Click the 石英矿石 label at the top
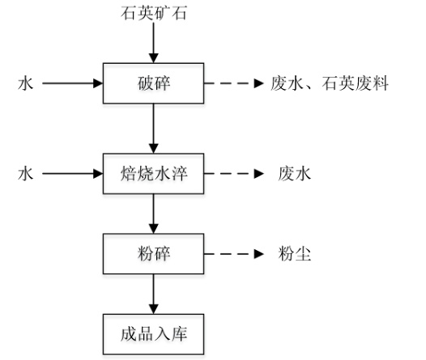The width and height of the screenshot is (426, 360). pyautogui.click(x=154, y=13)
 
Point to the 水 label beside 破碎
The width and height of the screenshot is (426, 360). pyautogui.click(x=26, y=83)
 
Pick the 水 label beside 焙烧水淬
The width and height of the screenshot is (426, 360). pyautogui.click(x=26, y=174)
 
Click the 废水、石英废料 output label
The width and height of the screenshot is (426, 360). pyautogui.click(x=330, y=83)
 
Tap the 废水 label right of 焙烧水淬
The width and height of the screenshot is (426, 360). pyautogui.click(x=294, y=174)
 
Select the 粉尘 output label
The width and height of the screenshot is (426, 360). pyautogui.click(x=294, y=254)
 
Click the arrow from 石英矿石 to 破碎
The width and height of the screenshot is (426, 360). pyautogui.click(x=154, y=43)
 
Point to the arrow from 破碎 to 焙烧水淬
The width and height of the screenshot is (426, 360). pyautogui.click(x=154, y=129)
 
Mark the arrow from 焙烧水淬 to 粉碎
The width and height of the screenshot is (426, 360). pyautogui.click(x=154, y=214)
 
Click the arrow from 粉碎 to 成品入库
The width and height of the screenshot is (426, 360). pyautogui.click(x=154, y=294)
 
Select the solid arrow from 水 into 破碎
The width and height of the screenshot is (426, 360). pyautogui.click(x=73, y=83)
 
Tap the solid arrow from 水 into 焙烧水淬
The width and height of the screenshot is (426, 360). pyautogui.click(x=73, y=174)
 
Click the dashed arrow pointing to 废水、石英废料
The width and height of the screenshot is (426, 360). pyautogui.click(x=234, y=83)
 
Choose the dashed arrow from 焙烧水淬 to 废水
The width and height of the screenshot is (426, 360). pyautogui.click(x=234, y=174)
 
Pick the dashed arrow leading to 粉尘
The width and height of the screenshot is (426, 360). pyautogui.click(x=234, y=254)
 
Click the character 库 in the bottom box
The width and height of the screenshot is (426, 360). pyautogui.click(x=179, y=334)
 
